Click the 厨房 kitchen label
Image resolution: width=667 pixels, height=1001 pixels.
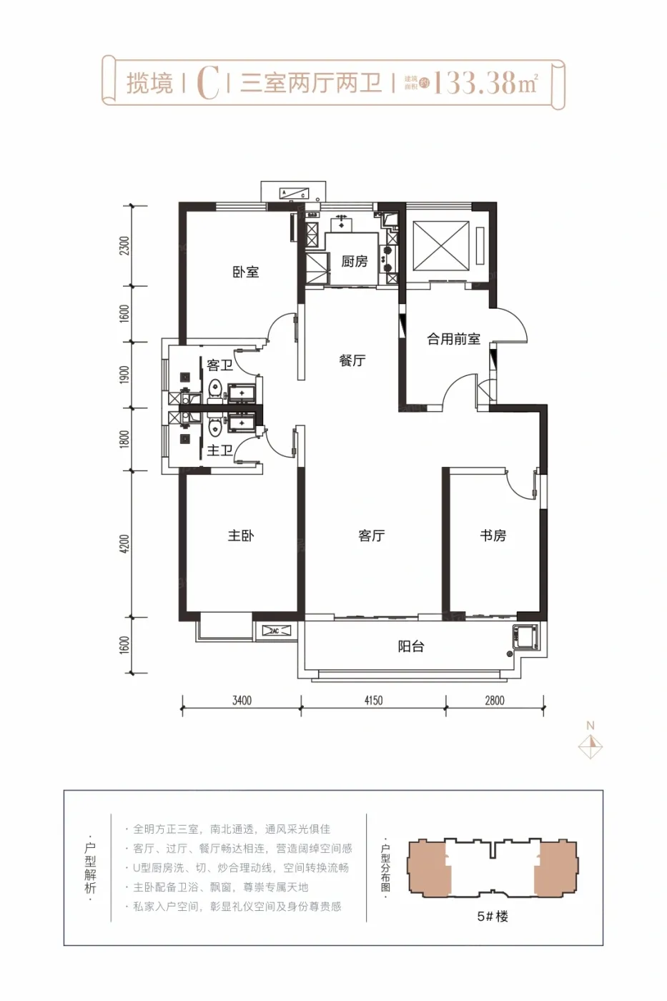[354, 262]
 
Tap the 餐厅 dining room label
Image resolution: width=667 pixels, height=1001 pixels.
[352, 360]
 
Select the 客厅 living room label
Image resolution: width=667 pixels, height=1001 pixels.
[371, 536]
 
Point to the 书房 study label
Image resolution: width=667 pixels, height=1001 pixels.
[493, 536]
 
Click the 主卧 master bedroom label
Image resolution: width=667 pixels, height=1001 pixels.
[241, 536]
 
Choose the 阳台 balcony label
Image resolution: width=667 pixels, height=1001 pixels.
[411, 646]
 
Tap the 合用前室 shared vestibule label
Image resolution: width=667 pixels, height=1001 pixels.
[453, 339]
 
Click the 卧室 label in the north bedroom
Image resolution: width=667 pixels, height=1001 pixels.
[245, 272]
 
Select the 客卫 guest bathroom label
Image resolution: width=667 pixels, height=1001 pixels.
[219, 365]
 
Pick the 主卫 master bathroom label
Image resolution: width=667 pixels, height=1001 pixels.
[219, 450]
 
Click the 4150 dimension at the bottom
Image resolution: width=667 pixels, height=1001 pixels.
[373, 701]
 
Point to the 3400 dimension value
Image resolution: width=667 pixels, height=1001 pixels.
[242, 701]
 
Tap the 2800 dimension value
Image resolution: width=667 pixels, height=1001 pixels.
[495, 701]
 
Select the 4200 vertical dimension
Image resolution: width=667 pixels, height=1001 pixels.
[125, 543]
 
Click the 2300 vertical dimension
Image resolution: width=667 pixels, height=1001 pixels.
[125, 246]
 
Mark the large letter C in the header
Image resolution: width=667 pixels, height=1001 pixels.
[207, 83]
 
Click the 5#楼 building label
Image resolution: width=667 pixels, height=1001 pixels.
[492, 917]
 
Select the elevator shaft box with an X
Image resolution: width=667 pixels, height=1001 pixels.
[441, 246]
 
